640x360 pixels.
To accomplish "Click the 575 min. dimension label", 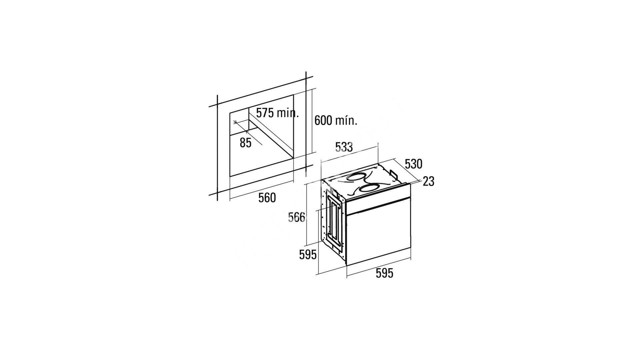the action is (277, 113).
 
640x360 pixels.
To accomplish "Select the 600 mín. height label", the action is (336, 120).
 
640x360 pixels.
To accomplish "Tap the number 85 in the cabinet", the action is (245, 143).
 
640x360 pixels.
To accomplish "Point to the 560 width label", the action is (267, 198).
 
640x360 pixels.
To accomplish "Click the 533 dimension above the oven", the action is (344, 147).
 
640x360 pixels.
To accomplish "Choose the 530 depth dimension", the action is (413, 164).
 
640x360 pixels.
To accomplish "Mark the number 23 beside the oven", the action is (429, 181).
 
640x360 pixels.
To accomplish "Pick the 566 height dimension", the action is (297, 217).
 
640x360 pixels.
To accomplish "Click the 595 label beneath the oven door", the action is (384, 273).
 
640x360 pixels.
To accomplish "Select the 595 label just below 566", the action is (308, 255).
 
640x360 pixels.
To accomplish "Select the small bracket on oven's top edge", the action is (393, 174).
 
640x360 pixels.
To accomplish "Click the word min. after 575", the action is (288, 113).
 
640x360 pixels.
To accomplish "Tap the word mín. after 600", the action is (346, 120).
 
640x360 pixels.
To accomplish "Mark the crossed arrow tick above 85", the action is (236, 122).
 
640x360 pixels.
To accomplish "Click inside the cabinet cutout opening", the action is (260, 143).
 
